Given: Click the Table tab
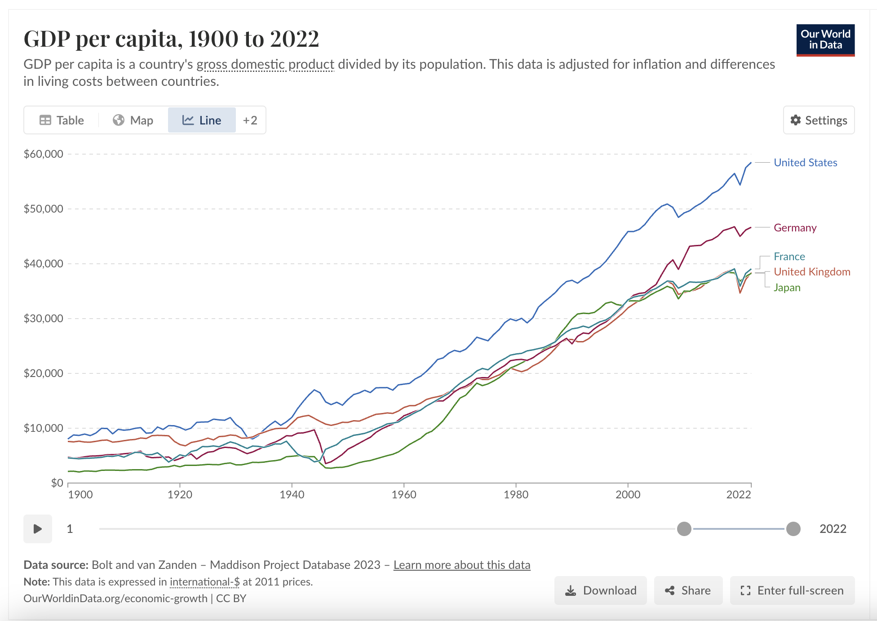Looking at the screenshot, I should point(62,120).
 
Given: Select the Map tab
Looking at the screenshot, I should point(133,120).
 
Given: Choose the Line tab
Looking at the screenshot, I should point(202,120).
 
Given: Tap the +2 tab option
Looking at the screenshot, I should point(250,120).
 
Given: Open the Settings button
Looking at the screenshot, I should point(819,120).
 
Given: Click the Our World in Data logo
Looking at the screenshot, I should point(825,40).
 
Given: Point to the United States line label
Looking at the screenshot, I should point(805,163).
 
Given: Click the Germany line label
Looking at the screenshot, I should point(795,228).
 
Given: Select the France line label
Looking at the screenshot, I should point(789,257).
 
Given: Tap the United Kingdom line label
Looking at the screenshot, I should point(811,272).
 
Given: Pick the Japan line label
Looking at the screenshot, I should point(787,288).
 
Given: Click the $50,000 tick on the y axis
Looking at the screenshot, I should point(44,209).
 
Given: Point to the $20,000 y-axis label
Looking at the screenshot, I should point(44,373).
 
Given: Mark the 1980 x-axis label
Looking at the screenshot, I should point(516,495).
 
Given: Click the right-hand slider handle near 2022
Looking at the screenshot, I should point(793,529).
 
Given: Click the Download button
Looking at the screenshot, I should point(601,590).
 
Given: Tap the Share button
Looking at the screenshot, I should point(688,590).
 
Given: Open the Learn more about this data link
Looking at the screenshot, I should point(462,565).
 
